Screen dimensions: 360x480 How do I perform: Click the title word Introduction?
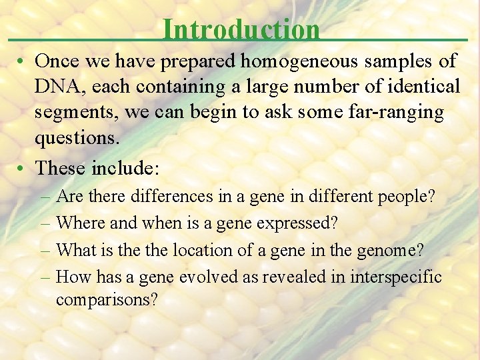(241, 29)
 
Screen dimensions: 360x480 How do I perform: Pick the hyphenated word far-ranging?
(393, 112)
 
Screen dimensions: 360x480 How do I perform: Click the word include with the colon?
(126, 167)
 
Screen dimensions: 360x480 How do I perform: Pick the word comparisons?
(107, 300)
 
